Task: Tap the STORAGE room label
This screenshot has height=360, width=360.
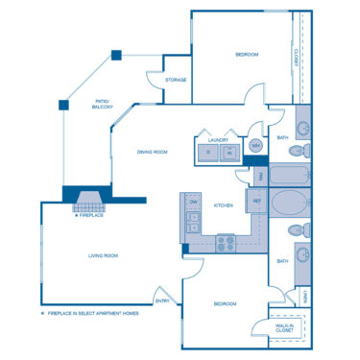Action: click(x=176, y=80)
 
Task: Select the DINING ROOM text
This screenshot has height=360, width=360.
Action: click(x=153, y=152)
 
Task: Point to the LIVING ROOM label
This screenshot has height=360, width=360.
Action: click(x=103, y=255)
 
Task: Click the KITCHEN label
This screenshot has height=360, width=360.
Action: click(x=224, y=205)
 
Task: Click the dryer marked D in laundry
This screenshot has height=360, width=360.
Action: click(x=208, y=153)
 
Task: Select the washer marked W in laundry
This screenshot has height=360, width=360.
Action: click(x=229, y=153)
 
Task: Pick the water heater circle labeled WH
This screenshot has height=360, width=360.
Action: click(x=256, y=146)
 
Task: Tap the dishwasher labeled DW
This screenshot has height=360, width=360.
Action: click(x=193, y=203)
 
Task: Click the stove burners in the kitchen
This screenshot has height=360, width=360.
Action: click(x=226, y=243)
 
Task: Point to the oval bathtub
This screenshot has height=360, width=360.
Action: click(x=289, y=205)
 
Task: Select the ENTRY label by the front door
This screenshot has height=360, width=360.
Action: click(x=162, y=300)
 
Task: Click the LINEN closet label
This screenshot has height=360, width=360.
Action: click(x=305, y=297)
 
